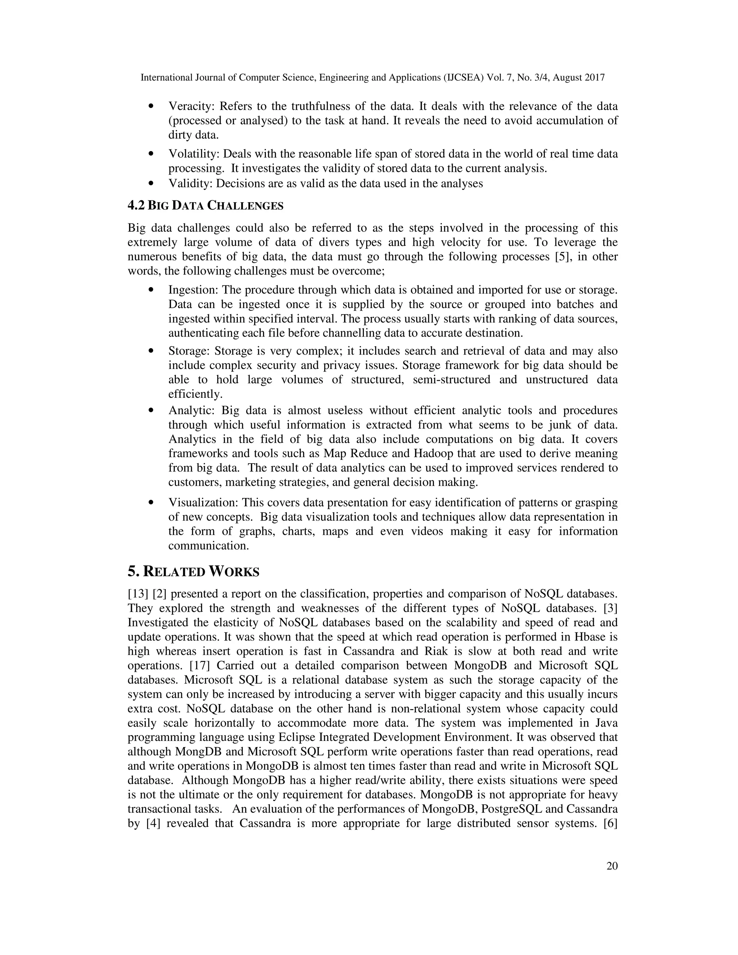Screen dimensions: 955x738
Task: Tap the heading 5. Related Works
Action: pos(193,571)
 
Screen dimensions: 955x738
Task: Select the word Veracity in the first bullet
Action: pos(191,106)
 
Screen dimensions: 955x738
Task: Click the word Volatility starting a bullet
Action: pos(193,154)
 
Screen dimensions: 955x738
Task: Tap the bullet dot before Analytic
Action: pos(151,410)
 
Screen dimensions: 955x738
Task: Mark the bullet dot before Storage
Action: pos(151,351)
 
